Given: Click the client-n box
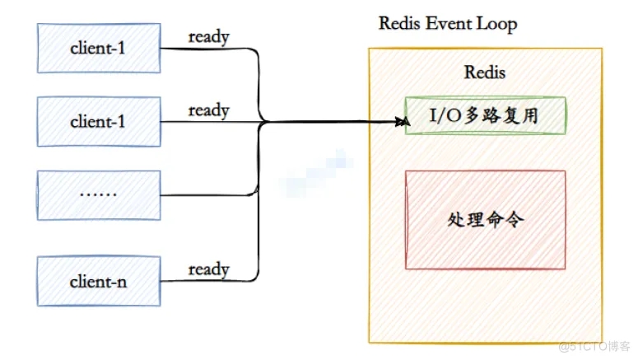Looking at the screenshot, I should (98, 280).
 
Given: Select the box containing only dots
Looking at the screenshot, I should (98, 195).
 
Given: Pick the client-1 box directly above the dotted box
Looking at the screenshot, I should (98, 121).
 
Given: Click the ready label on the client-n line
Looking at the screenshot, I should (208, 269).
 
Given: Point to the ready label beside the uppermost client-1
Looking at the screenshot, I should (208, 36).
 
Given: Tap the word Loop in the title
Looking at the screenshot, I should (497, 23).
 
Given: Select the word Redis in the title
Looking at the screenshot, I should (399, 23).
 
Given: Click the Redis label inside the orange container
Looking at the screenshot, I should (485, 72).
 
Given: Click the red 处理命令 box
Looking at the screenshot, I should (485, 219).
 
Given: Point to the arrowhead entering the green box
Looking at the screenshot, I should (403, 123).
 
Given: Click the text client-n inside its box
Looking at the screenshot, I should (98, 281).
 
